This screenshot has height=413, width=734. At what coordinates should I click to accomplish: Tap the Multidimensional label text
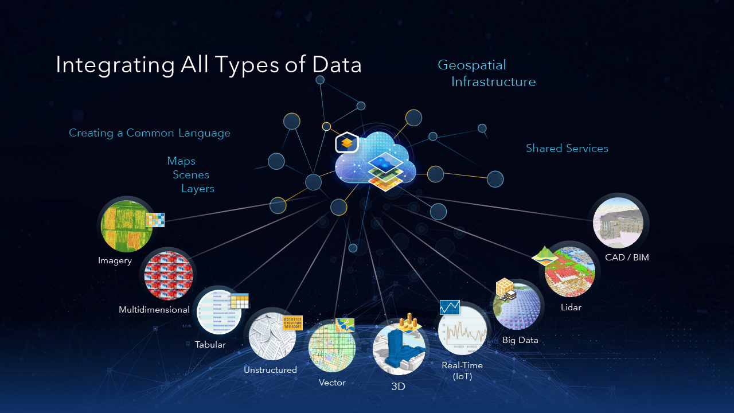pos(154,310)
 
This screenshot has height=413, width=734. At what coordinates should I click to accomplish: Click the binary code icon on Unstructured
pos(292,322)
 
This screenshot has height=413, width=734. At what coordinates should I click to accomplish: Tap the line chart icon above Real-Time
pos(450,307)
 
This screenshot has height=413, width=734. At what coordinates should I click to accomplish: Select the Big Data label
pos(520,340)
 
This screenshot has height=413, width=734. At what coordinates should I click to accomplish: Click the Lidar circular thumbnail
pos(570,272)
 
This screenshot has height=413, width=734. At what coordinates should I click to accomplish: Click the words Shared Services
pos(567,149)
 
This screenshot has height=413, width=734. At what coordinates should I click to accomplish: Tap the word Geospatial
pos(472,65)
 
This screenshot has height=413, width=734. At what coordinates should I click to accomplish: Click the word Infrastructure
pos(493,82)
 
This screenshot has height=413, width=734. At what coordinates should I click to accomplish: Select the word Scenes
pos(191,175)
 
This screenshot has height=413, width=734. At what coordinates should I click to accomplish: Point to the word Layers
pos(198,189)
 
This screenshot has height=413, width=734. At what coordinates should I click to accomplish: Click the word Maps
pos(181,161)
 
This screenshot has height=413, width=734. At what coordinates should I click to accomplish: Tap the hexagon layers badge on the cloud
pos(347,142)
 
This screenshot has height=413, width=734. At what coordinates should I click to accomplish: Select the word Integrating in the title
pos(115,65)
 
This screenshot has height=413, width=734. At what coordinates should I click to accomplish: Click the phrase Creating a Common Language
pos(150,133)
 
